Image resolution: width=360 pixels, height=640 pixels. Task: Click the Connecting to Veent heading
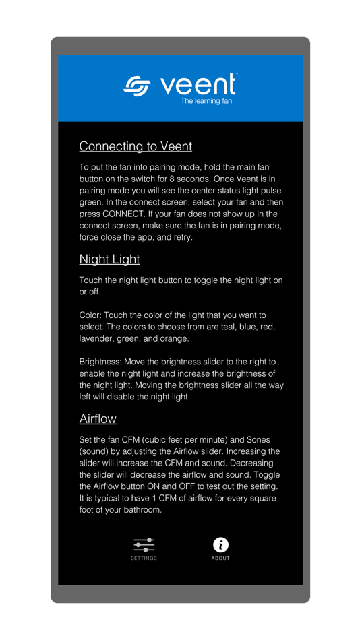(136, 146)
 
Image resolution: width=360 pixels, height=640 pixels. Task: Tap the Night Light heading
(109, 259)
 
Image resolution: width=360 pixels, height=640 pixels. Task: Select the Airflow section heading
(98, 419)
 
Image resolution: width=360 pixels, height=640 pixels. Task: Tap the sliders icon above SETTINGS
(144, 544)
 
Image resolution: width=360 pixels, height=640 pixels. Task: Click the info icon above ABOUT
(220, 544)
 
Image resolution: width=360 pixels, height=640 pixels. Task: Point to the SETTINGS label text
(144, 558)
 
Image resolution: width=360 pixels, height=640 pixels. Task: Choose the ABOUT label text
(220, 558)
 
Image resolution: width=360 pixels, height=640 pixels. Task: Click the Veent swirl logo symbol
(137, 86)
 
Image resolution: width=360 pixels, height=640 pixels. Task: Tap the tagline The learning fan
(206, 101)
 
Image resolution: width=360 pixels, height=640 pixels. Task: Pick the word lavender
(95, 339)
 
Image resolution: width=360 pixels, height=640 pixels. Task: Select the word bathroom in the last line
(142, 510)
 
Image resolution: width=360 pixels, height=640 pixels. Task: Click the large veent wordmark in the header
(198, 85)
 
